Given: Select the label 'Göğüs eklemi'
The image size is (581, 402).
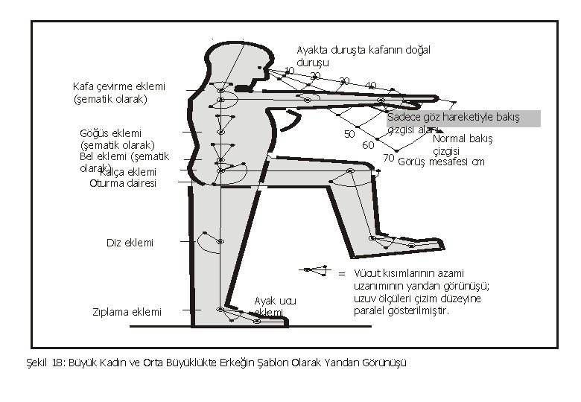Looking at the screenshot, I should click(110, 133).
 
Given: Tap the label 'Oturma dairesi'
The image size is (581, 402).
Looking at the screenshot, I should click(123, 184).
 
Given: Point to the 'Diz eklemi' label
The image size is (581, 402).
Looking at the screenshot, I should click(130, 243).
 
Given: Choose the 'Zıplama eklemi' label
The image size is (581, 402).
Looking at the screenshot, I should click(127, 311).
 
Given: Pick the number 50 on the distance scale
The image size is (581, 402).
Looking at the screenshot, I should click(348, 134).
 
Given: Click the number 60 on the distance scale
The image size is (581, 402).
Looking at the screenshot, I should click(367, 144).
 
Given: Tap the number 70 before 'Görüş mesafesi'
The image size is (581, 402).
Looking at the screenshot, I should click(388, 157).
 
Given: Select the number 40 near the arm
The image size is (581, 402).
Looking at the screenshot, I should click(370, 85).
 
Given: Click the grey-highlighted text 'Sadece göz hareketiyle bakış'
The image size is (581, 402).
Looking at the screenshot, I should click(453, 118).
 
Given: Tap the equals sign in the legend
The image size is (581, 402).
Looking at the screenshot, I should click(342, 272).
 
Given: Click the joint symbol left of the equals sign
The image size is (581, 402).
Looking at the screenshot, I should click(317, 269).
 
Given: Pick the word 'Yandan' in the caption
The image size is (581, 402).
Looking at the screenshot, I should click(332, 363).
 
